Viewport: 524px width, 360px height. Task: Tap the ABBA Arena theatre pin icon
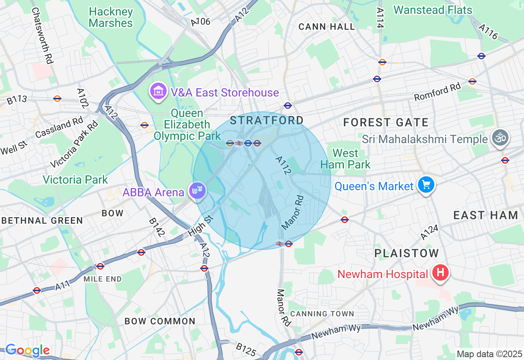coord(198,190)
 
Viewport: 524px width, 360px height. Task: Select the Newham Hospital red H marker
coord(440,272)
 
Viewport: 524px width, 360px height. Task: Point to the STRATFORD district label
coord(267,120)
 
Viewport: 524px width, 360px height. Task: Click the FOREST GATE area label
coord(386,122)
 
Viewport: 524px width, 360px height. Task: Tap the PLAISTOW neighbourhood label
coord(407,253)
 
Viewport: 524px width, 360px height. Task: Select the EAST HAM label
coord(486,215)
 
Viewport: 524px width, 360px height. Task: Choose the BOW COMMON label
coord(160,321)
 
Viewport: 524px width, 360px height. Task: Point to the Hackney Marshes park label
coord(111,17)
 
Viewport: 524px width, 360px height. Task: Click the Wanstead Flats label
coord(433,10)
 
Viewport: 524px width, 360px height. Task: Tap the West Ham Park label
coord(345,159)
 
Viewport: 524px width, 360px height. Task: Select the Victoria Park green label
coord(75,179)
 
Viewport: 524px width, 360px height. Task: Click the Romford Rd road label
coord(437,92)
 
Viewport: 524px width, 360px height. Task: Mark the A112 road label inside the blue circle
coord(283,166)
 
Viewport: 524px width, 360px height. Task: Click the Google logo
coord(27,350)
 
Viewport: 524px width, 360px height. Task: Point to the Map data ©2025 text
coord(489,354)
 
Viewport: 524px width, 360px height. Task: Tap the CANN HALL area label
coord(327,27)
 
